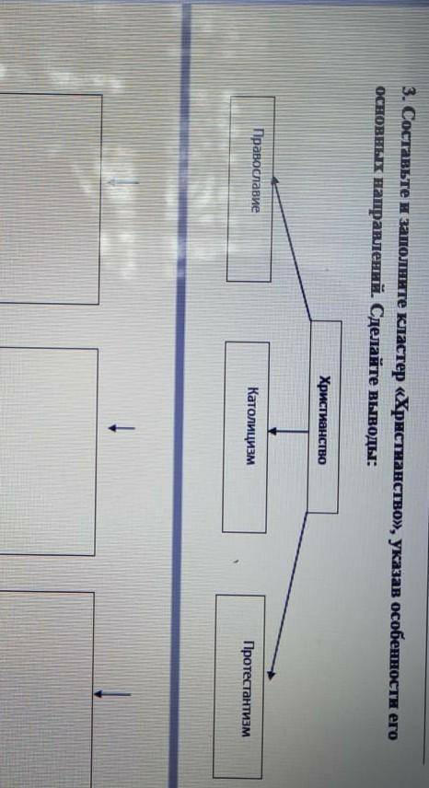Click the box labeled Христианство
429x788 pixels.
point(324,417)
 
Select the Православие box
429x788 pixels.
point(250,189)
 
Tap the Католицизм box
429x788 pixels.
point(246,437)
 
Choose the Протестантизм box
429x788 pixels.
point(239,687)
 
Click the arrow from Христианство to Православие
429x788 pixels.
point(291,249)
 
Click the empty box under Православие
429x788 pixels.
point(51,199)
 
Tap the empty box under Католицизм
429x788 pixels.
point(48,451)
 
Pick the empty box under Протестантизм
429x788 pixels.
point(46,689)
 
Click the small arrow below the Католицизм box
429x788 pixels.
point(122,428)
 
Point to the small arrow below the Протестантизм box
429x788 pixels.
point(112,694)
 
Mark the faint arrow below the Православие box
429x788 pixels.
point(123,182)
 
